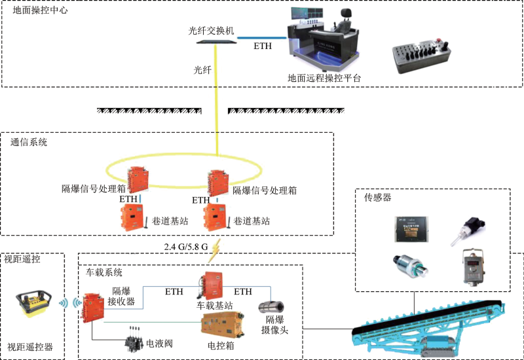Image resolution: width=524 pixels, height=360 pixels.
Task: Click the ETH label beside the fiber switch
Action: [263, 46]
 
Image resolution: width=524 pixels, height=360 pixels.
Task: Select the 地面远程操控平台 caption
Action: [324, 78]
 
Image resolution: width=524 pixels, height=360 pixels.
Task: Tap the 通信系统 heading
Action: [29, 142]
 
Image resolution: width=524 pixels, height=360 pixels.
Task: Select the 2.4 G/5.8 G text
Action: [186, 247]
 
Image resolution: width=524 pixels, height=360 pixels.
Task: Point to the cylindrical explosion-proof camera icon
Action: [271, 308]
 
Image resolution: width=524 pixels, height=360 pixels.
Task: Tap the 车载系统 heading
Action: [104, 272]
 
